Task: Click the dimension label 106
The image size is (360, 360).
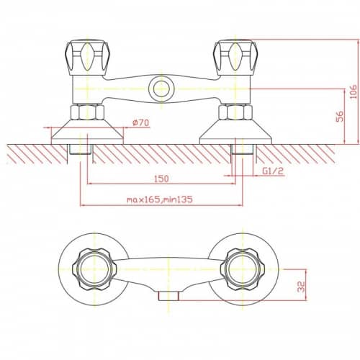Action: [353, 92]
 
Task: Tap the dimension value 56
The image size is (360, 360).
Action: [340, 116]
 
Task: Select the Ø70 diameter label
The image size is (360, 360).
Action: [140, 122]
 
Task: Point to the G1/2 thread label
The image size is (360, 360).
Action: [273, 171]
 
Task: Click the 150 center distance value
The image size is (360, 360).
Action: [161, 179]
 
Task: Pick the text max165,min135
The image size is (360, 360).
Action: [160, 199]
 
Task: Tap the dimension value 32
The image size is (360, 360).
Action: [301, 287]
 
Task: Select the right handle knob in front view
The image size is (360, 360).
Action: [236, 58]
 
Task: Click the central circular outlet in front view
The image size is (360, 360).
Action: [161, 89]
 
